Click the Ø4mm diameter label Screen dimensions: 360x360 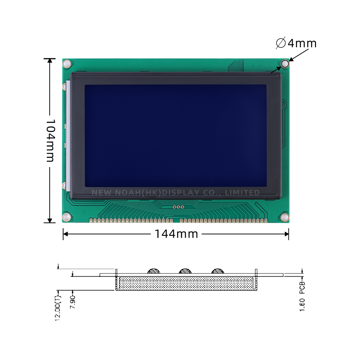296,43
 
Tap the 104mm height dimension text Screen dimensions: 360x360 50,140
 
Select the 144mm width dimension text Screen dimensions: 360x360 176,234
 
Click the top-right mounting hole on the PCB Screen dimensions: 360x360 285,64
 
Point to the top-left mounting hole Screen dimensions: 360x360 67,64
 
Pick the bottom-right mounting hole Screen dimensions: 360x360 284,217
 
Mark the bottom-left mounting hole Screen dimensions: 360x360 67,217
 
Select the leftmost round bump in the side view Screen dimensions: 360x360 154,271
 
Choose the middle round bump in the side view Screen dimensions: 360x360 185,271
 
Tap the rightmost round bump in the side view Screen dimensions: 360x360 217,271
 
